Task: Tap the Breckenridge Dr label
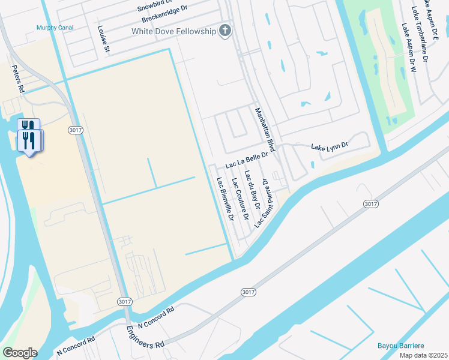coord(163,19)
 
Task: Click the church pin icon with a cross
coord(225,31)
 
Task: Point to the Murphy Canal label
coord(55,28)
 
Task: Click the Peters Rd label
coord(18,79)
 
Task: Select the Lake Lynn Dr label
coord(330,146)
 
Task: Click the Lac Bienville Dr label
coord(224,197)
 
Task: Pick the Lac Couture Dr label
coord(238,197)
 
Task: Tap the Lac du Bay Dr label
coord(252,190)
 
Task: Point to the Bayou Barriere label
coord(401,346)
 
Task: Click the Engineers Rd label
coord(145,337)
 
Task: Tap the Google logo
coord(20,353)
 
